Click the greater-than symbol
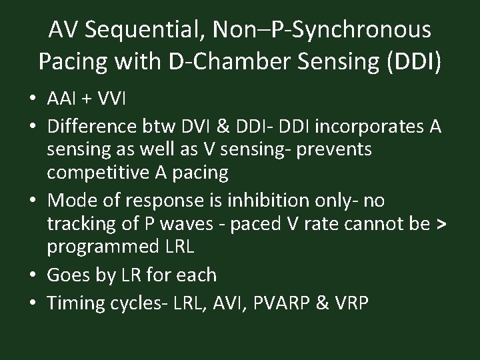[x=440, y=224]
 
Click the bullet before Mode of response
[x=33, y=201]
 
